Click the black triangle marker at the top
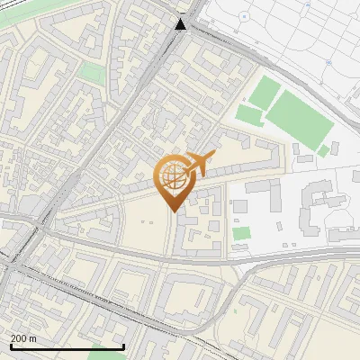(x=181, y=24)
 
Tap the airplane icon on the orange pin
(x=199, y=164)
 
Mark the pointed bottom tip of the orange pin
(x=173, y=211)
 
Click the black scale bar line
(x=67, y=347)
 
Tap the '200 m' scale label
(x=24, y=338)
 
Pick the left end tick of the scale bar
(x=11, y=346)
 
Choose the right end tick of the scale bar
(x=124, y=346)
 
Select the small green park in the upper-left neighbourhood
(x=91, y=73)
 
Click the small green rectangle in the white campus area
(x=240, y=234)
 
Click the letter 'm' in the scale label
(x=33, y=338)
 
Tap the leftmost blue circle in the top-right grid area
(x=245, y=17)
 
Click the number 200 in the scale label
(x=20, y=338)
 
